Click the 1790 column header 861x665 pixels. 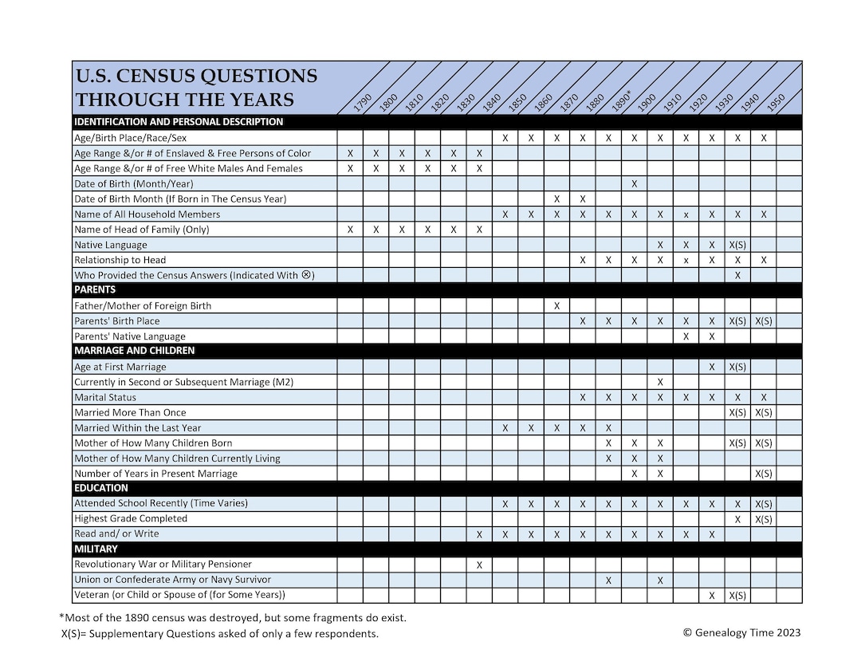coord(363,101)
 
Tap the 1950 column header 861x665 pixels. coord(776,101)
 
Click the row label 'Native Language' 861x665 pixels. coord(110,245)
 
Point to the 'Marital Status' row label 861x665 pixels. coord(105,397)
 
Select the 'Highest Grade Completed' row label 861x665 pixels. coord(131,518)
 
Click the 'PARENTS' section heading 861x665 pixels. coord(95,290)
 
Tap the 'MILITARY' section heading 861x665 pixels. coord(96,549)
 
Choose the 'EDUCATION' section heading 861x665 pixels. coord(101,488)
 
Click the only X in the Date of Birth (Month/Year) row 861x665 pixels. coord(634,183)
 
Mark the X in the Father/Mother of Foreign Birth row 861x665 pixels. coord(556,305)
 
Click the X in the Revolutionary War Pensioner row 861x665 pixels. coord(479,565)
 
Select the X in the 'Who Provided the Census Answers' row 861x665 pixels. coord(737,275)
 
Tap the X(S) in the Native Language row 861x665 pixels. coord(737,245)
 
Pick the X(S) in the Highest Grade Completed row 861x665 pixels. coord(763,519)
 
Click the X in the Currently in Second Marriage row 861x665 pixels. coord(660,382)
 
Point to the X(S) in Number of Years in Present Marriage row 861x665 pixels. coord(763,474)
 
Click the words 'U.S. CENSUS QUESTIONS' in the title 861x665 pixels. coord(195,77)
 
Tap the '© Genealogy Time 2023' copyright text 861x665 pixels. coord(741,633)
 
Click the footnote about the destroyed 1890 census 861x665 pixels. coord(233,617)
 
